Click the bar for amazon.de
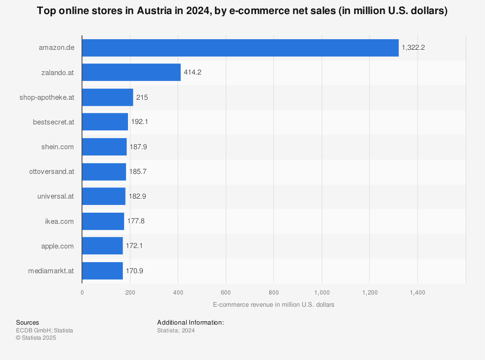[240, 47]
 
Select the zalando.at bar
[131, 72]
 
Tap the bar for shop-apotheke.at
[107, 97]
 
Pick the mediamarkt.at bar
[102, 271]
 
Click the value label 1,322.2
[413, 47]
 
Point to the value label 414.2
[192, 72]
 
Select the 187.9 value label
[138, 147]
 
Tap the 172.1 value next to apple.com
[134, 246]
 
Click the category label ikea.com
[59, 221]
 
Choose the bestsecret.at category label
[53, 122]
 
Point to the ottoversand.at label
[51, 172]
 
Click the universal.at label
[55, 196]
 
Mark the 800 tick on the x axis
[274, 293]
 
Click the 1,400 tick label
[417, 293]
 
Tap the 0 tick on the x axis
[82, 293]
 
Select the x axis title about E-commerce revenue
[273, 305]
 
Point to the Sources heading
[28, 323]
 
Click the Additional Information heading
[190, 323]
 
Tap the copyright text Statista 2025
[36, 338]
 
